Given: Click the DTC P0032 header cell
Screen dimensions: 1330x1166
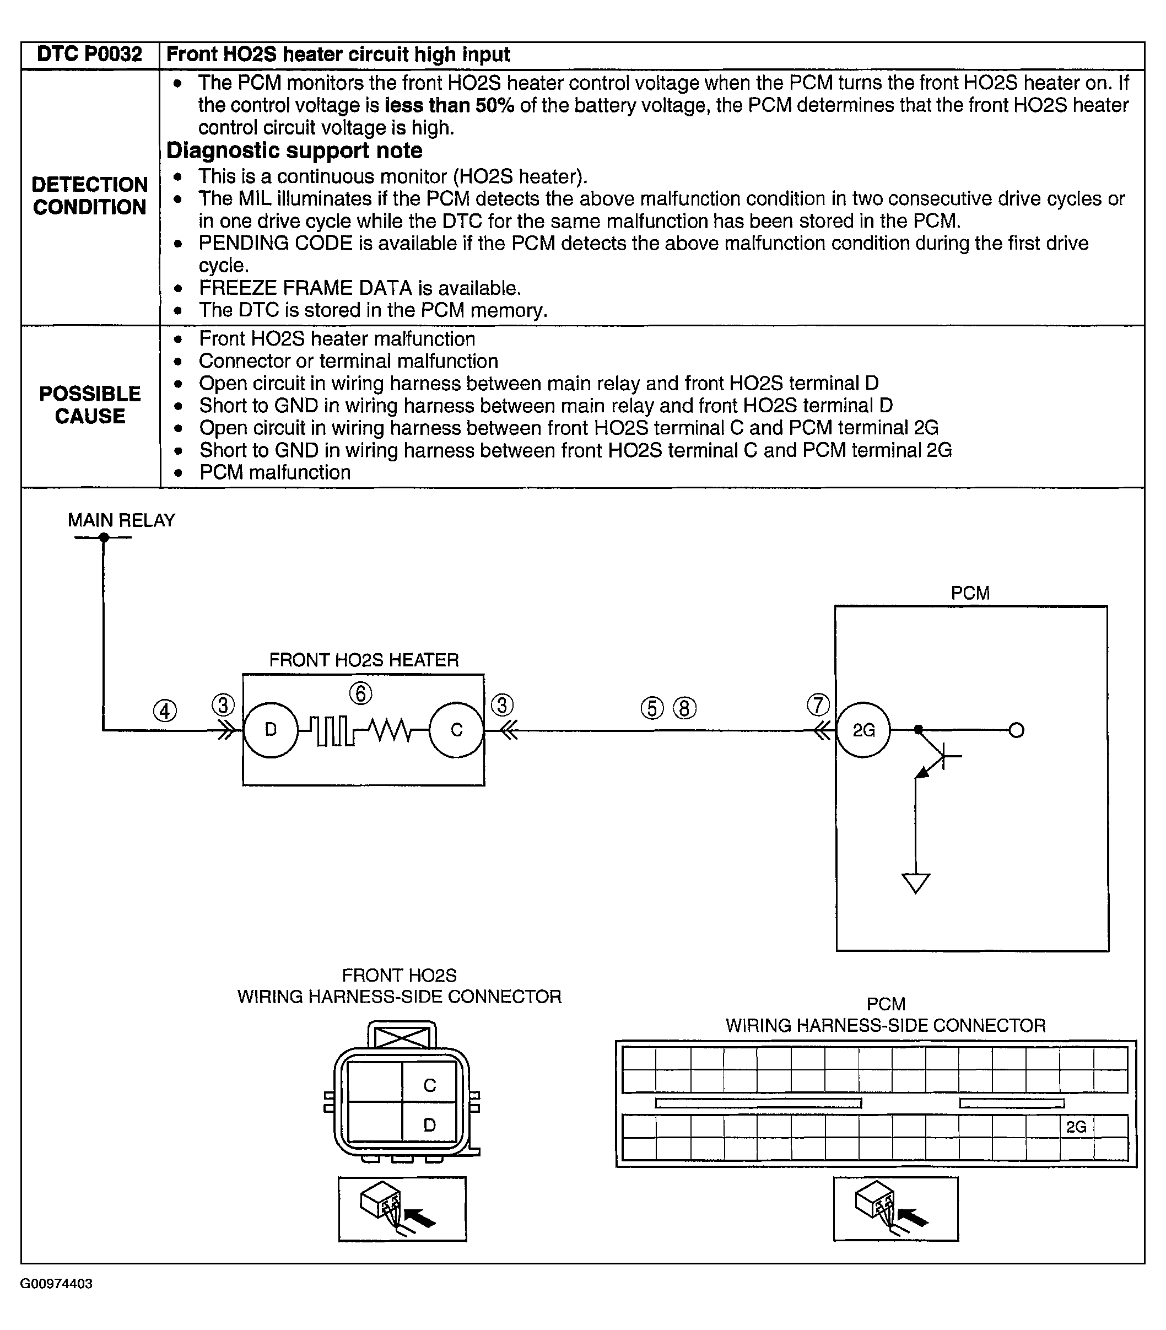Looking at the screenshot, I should point(89,54).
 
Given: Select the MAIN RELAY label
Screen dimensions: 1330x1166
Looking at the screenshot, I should point(122,520).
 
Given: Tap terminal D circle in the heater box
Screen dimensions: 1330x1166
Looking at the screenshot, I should point(271,730).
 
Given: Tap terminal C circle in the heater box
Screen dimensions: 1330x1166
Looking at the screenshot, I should point(457,730).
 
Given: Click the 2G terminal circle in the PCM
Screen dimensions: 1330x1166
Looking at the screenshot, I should point(863,730).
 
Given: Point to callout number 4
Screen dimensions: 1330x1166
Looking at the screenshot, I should point(165,710).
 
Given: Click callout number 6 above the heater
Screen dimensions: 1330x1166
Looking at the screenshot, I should point(361,693).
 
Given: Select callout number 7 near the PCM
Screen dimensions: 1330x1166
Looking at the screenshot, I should point(818,705).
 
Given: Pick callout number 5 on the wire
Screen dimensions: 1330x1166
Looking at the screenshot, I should point(652,708).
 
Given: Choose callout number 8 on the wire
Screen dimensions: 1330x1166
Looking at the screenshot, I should point(684,708).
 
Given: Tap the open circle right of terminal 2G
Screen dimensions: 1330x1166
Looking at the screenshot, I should point(1016,730).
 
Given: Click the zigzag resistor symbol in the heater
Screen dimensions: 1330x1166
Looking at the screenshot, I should point(389,730).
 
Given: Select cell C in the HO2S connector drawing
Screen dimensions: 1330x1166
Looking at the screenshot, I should point(429,1085).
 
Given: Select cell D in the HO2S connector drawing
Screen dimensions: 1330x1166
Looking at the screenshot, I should point(429,1124).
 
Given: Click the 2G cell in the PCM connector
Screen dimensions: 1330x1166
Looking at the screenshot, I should point(1076,1126).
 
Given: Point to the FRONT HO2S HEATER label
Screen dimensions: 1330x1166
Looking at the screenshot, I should point(364,660).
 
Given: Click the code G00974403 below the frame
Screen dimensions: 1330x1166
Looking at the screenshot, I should point(57,1284).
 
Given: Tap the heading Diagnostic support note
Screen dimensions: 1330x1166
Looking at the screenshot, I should point(294,150).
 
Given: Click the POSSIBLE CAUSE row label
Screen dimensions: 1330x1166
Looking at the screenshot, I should point(90,405).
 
